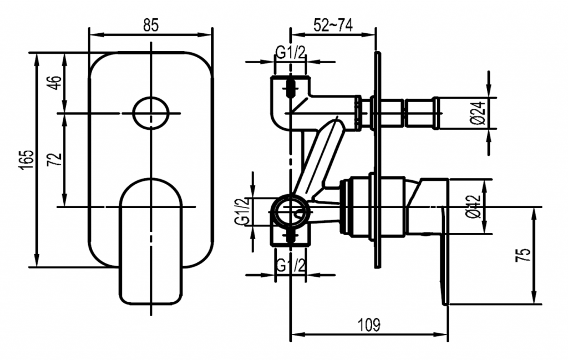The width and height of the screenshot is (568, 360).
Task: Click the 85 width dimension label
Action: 151,24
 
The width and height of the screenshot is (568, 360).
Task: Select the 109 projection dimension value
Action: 369,325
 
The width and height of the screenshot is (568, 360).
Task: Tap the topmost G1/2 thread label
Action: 291,53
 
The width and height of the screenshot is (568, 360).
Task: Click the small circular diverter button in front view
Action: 151,113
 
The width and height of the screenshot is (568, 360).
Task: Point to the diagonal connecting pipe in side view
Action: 319,158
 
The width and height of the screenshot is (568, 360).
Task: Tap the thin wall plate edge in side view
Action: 378,161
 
